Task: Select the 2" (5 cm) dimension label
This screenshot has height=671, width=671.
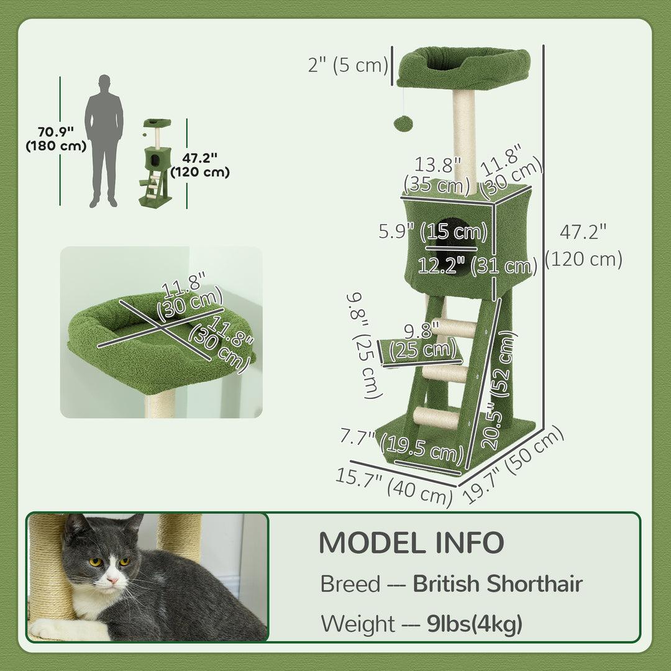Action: [348, 64]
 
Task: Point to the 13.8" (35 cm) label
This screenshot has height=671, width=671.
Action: [438, 175]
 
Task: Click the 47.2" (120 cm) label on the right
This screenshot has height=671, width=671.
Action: [583, 245]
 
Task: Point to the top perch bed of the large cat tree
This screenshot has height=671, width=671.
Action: [463, 67]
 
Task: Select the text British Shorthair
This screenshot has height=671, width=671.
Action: [498, 584]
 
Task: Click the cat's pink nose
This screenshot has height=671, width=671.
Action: [112, 580]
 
